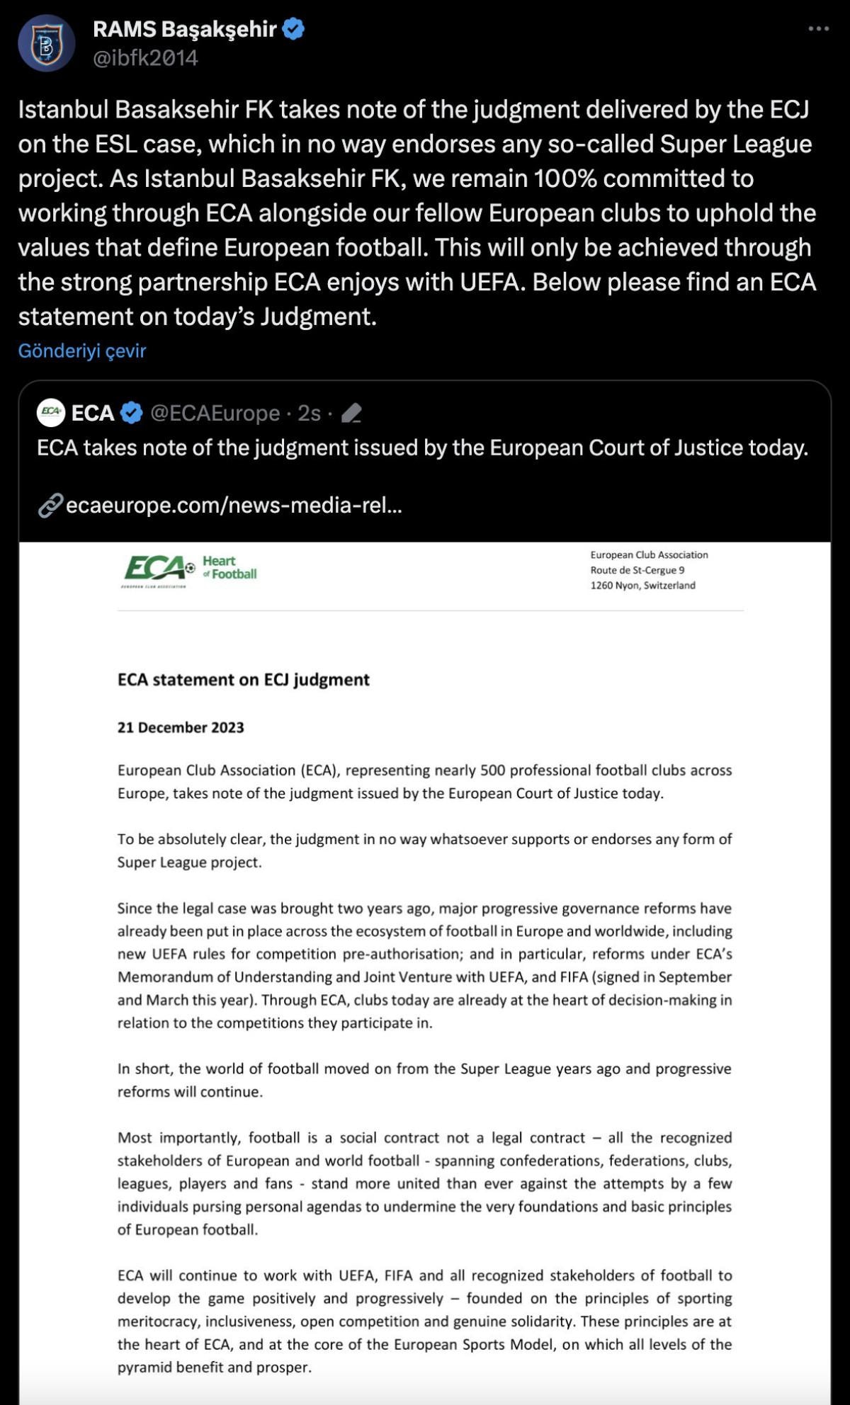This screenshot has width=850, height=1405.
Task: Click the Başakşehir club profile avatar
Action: (46, 44)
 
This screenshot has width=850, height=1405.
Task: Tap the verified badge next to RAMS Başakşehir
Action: (293, 29)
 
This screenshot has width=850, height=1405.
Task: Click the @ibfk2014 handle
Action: (145, 58)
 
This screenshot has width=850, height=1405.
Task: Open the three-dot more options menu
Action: (818, 29)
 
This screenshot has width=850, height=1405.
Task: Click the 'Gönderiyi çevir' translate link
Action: (82, 351)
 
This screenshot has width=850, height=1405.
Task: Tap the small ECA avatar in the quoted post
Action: (51, 412)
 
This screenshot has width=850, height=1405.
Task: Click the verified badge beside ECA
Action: (132, 413)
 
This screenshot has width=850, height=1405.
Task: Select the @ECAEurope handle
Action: (215, 413)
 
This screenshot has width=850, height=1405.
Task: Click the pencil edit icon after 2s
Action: (351, 413)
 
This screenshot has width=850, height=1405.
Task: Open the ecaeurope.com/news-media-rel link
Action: (234, 505)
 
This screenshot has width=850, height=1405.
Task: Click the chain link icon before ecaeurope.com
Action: (50, 506)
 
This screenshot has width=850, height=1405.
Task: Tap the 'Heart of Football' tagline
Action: (229, 567)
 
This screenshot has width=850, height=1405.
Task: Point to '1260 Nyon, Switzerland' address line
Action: (642, 586)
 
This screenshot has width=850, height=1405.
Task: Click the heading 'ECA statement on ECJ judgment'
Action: (243, 680)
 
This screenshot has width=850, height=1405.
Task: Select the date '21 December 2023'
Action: (181, 727)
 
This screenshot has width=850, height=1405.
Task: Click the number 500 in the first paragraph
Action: (492, 770)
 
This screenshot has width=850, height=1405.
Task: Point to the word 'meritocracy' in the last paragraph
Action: (158, 1321)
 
